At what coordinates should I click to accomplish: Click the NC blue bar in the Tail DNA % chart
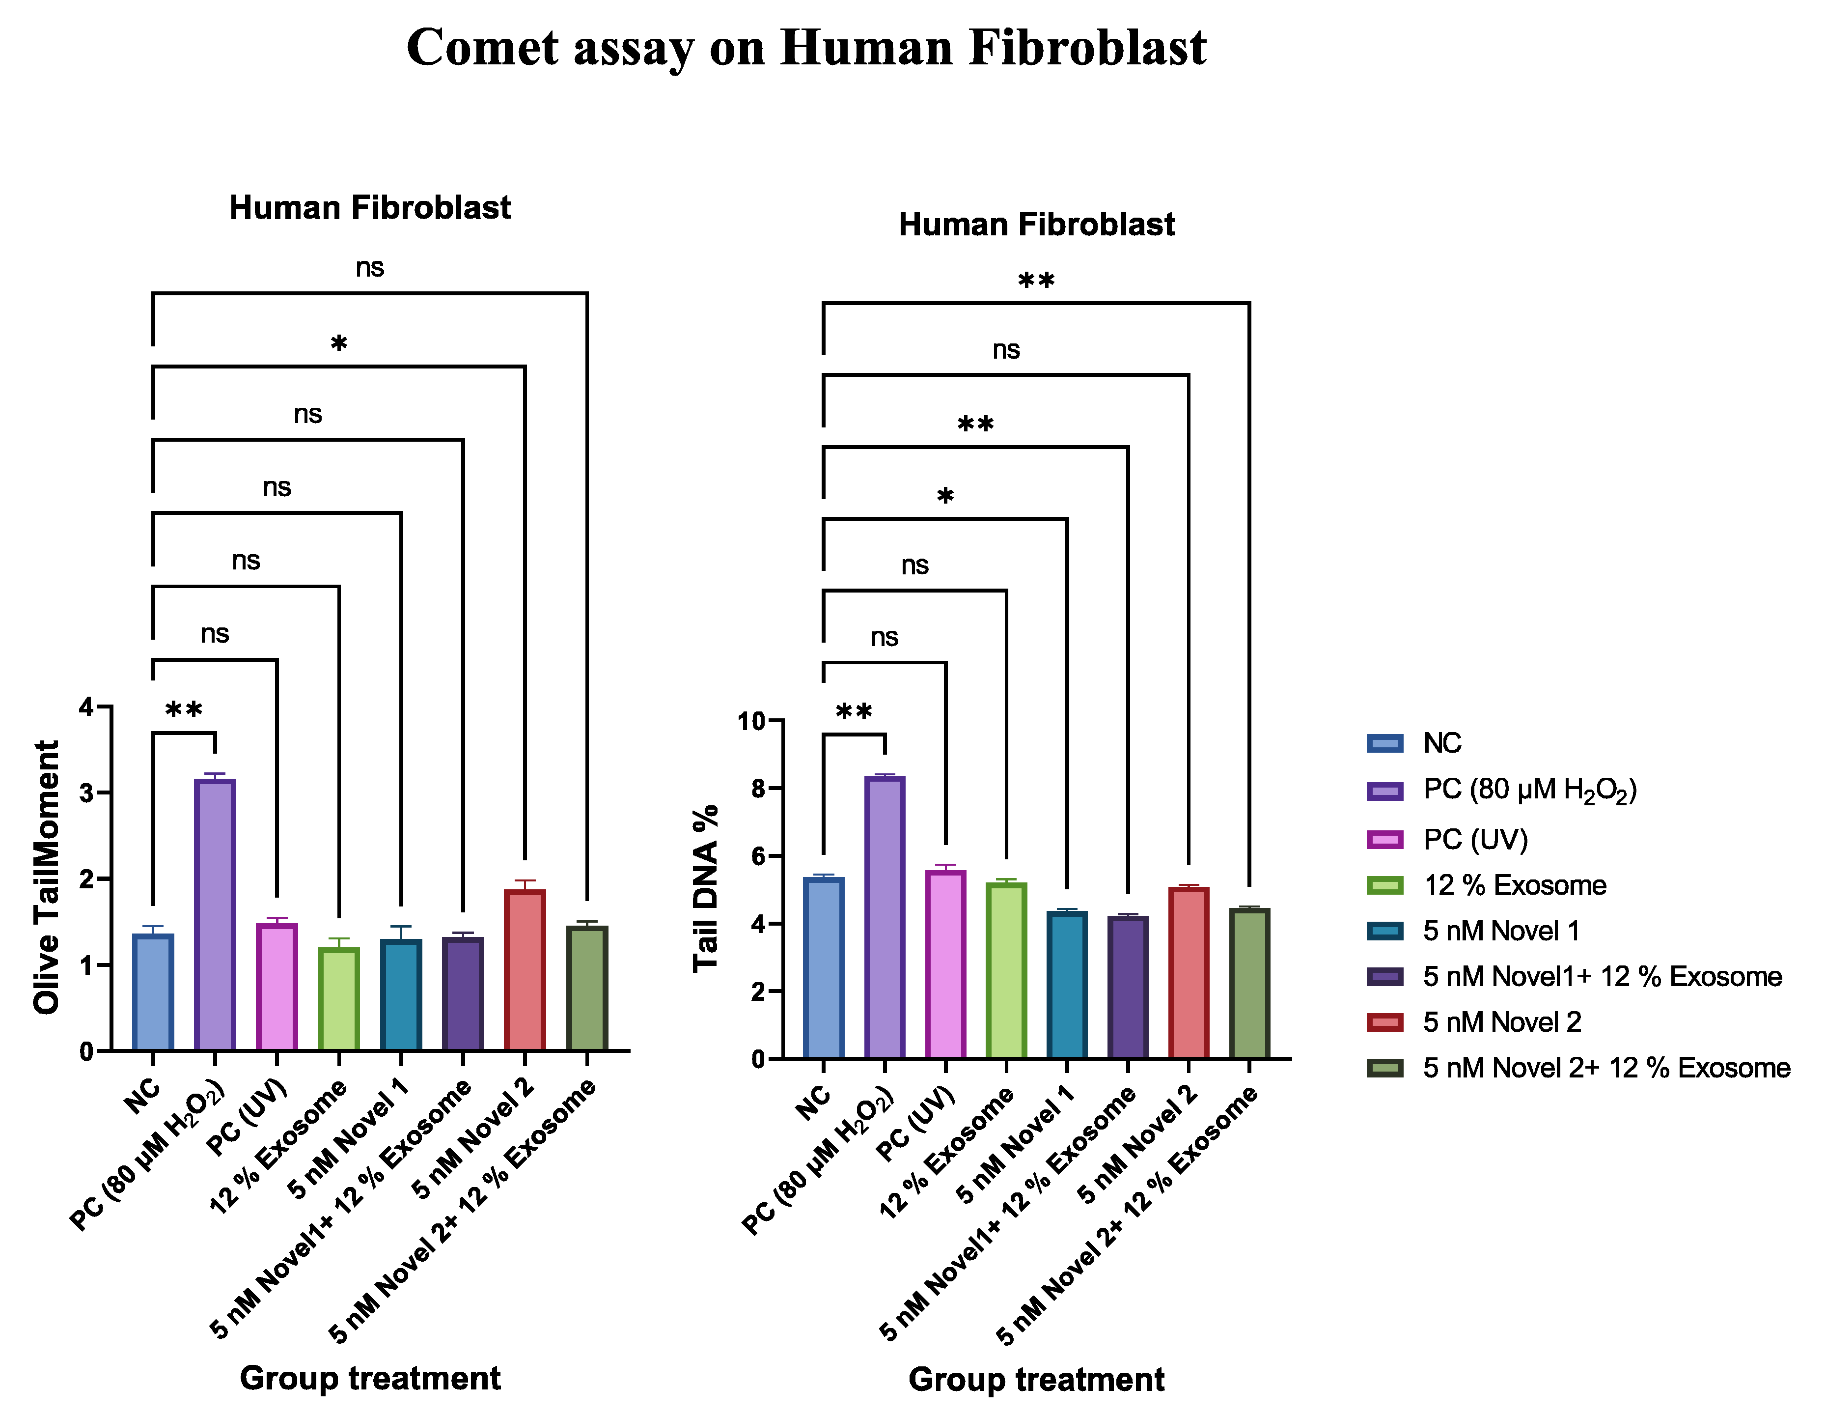tap(824, 967)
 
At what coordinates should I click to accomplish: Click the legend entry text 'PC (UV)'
tap(1475, 839)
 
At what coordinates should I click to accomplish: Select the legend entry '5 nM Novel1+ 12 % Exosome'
tap(1602, 976)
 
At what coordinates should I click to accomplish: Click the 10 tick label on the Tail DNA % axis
tap(751, 721)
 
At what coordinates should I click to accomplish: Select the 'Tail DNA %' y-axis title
tap(707, 888)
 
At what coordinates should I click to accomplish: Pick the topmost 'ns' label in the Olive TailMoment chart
tap(369, 268)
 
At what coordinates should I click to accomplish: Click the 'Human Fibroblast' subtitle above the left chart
tap(369, 207)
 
